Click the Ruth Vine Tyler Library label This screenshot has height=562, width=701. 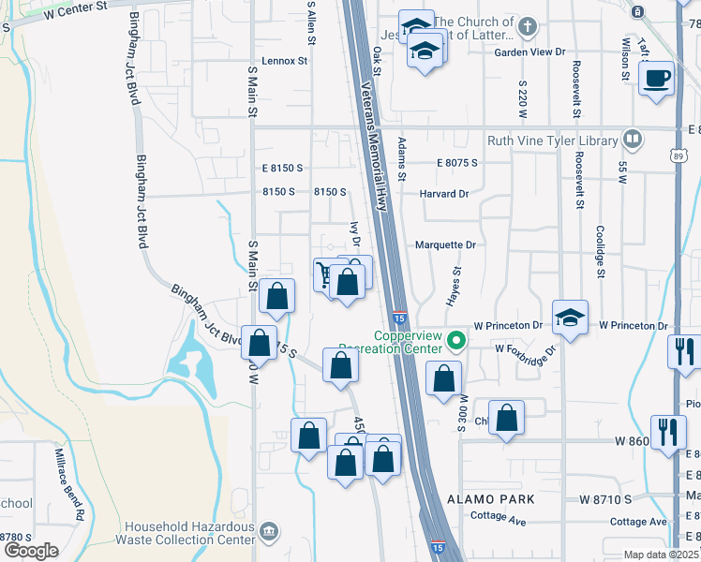552,141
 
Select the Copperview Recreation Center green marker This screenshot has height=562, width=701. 456,340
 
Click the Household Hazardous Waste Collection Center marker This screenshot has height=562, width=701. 270,532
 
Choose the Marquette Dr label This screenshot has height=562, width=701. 446,244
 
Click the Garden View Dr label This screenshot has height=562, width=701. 530,52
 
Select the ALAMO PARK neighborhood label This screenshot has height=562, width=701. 490,499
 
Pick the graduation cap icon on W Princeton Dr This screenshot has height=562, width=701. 569,317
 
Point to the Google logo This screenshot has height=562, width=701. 30,551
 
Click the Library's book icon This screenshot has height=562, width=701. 633,140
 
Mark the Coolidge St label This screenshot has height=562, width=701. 600,247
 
